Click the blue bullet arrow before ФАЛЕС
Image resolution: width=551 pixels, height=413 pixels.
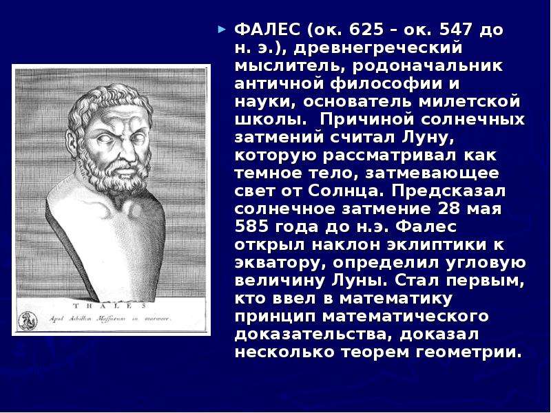click(221, 29)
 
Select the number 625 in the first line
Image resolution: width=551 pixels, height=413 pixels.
click(366, 30)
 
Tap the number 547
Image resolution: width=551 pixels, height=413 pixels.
click(455, 30)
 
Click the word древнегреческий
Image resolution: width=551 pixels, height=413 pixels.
click(377, 48)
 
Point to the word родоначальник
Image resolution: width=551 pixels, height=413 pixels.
click(428, 66)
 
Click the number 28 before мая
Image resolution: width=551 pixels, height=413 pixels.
click(449, 209)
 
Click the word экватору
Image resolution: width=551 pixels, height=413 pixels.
click(281, 263)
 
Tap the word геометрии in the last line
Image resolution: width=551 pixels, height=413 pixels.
click(469, 352)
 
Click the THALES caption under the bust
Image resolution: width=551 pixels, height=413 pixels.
click(110, 306)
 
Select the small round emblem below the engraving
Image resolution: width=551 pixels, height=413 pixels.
click(28, 320)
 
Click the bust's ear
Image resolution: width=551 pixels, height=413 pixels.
click(72, 143)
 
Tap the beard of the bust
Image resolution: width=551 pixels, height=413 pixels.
click(116, 176)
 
